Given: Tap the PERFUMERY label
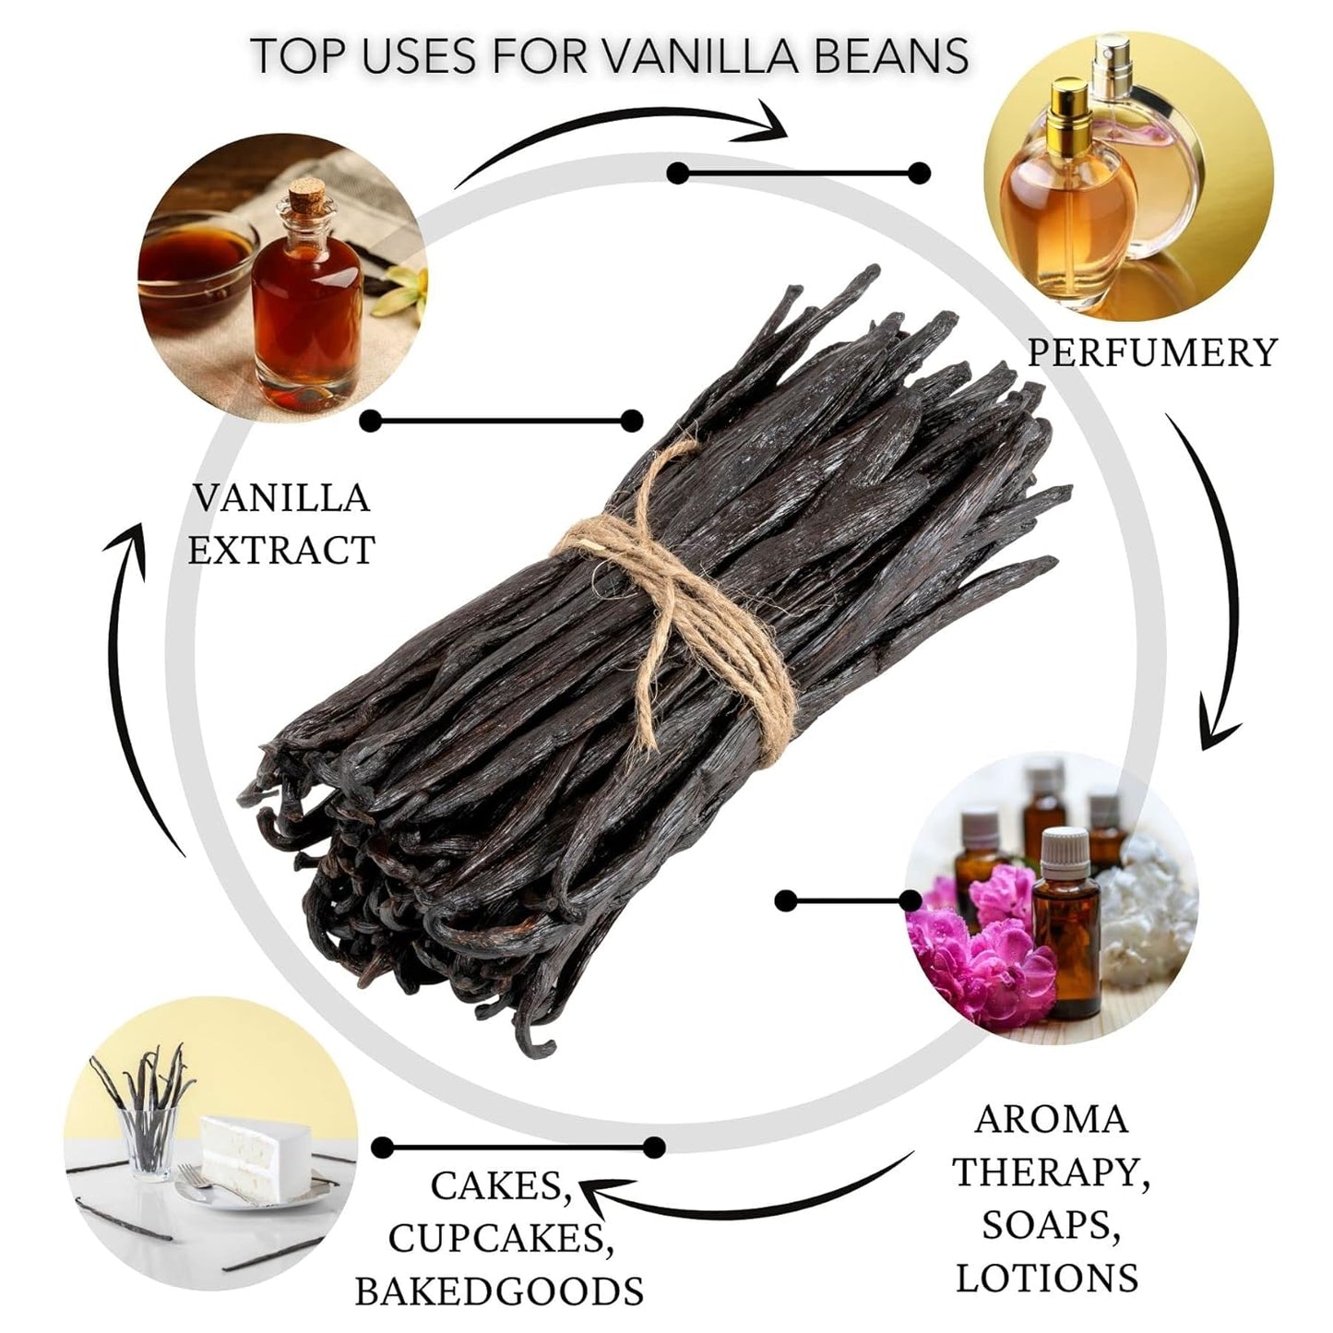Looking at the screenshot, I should (x=1151, y=352).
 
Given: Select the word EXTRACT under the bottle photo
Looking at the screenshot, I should (x=281, y=551).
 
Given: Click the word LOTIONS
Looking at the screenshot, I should (x=1047, y=1278).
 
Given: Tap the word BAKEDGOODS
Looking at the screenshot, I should (x=499, y=1291).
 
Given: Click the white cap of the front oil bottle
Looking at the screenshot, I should (x=1061, y=847).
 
